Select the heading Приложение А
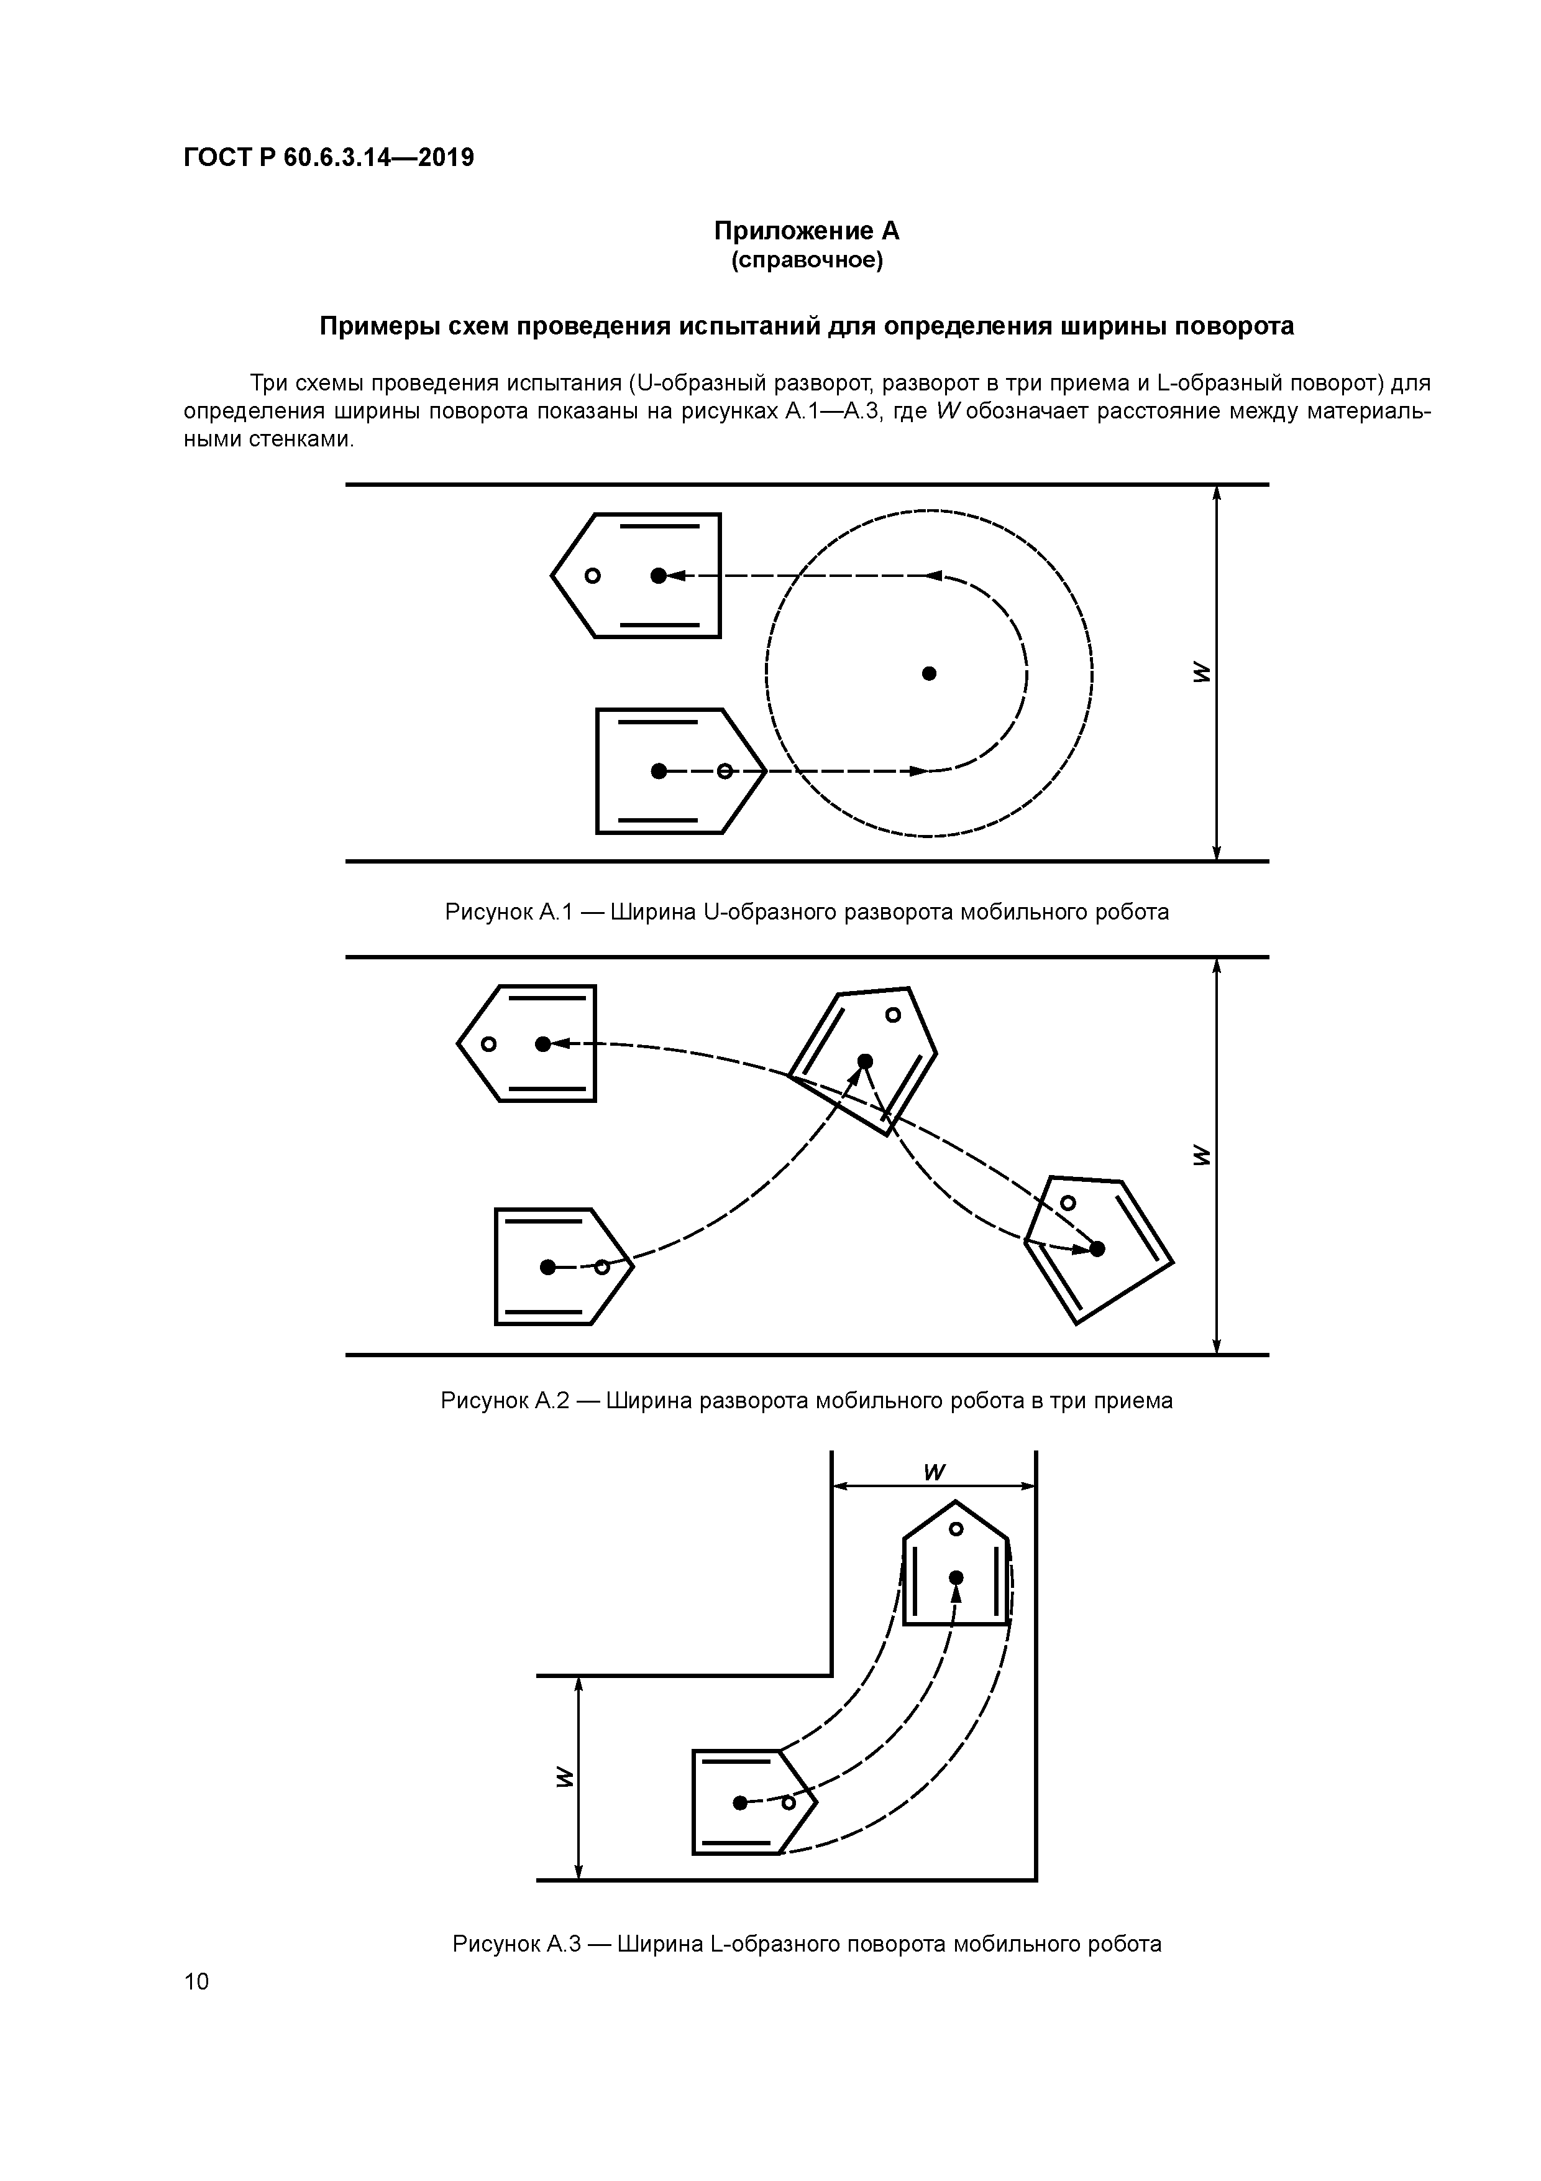tap(806, 231)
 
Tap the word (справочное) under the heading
tap(806, 261)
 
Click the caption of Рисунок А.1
tap(806, 913)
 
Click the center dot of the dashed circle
tap(930, 673)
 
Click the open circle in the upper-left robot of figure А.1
tap(592, 576)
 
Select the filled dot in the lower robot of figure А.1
tap(658, 770)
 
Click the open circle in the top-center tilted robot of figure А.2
tap(892, 1015)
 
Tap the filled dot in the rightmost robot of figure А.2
tap(1097, 1249)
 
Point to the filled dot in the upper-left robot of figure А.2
tap(542, 1044)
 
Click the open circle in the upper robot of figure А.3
tap(956, 1528)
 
